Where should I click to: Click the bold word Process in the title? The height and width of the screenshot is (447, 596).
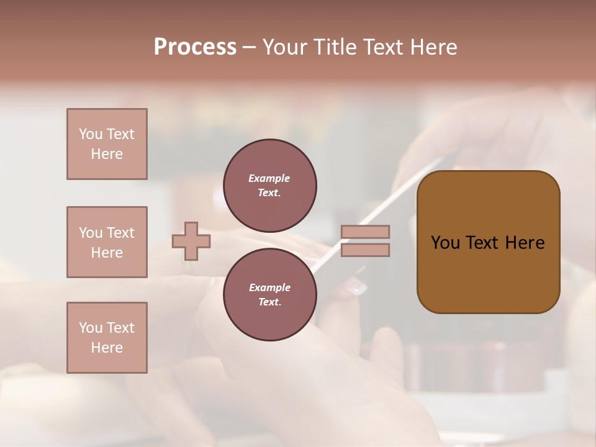click(195, 47)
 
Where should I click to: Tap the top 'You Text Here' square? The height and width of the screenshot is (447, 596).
click(107, 144)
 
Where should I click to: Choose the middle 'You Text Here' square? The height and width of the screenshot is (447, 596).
click(107, 242)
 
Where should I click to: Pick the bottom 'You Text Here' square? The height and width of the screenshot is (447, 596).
click(107, 338)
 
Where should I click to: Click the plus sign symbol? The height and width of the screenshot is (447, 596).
click(191, 241)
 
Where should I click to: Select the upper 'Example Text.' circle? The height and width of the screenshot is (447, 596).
click(269, 185)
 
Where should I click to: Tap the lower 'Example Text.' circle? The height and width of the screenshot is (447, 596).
click(269, 294)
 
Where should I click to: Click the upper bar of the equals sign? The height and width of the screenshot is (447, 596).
click(366, 232)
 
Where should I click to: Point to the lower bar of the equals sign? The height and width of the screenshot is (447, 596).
click(366, 250)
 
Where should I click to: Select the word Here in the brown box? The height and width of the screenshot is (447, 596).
click(525, 243)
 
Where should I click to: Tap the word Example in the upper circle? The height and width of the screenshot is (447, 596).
click(269, 178)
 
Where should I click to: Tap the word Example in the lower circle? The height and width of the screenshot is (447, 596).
click(269, 287)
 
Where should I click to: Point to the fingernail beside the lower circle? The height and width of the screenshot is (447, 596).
click(357, 287)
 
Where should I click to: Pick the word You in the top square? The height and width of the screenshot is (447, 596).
click(90, 134)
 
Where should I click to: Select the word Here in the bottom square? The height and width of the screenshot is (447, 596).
click(107, 348)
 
